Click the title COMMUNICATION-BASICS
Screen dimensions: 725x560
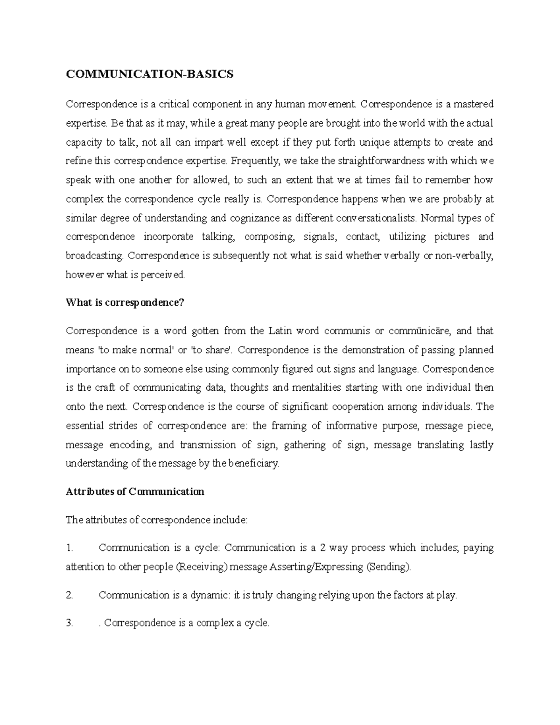(149, 75)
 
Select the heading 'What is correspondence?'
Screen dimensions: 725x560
(125, 303)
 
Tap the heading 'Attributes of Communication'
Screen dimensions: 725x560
(135, 492)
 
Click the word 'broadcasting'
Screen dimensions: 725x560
(95, 256)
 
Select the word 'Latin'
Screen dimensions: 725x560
(280, 331)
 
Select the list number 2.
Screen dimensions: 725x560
(70, 595)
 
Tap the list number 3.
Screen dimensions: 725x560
(70, 623)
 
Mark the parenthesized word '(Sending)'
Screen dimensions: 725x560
(389, 567)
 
